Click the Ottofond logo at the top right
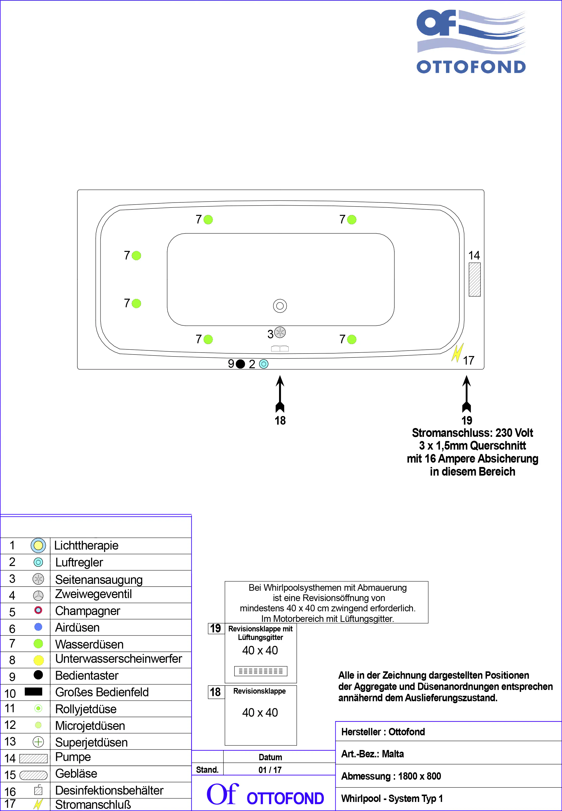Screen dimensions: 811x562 click(x=471, y=41)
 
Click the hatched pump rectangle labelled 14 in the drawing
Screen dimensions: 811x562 click(x=474, y=279)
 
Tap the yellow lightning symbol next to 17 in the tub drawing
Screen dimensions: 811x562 click(x=457, y=353)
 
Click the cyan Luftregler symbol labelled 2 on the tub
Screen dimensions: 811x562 click(x=263, y=364)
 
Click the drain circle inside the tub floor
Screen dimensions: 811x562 click(x=280, y=306)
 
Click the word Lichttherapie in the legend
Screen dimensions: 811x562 click(x=86, y=546)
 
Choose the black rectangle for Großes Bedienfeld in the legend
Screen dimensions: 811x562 click(x=34, y=691)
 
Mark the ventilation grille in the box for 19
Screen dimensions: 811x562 click(x=261, y=671)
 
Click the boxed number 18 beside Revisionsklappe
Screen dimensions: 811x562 click(x=215, y=692)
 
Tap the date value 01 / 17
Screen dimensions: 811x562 click(x=270, y=770)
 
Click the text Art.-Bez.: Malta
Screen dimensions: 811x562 click(x=372, y=754)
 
